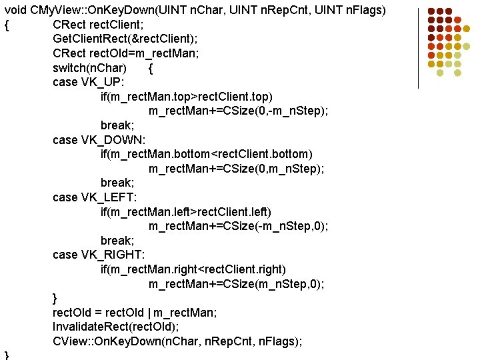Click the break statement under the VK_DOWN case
[x=117, y=182]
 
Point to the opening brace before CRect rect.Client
[x=6, y=25]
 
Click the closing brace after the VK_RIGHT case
[x=55, y=298]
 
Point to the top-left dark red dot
[x=431, y=12]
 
